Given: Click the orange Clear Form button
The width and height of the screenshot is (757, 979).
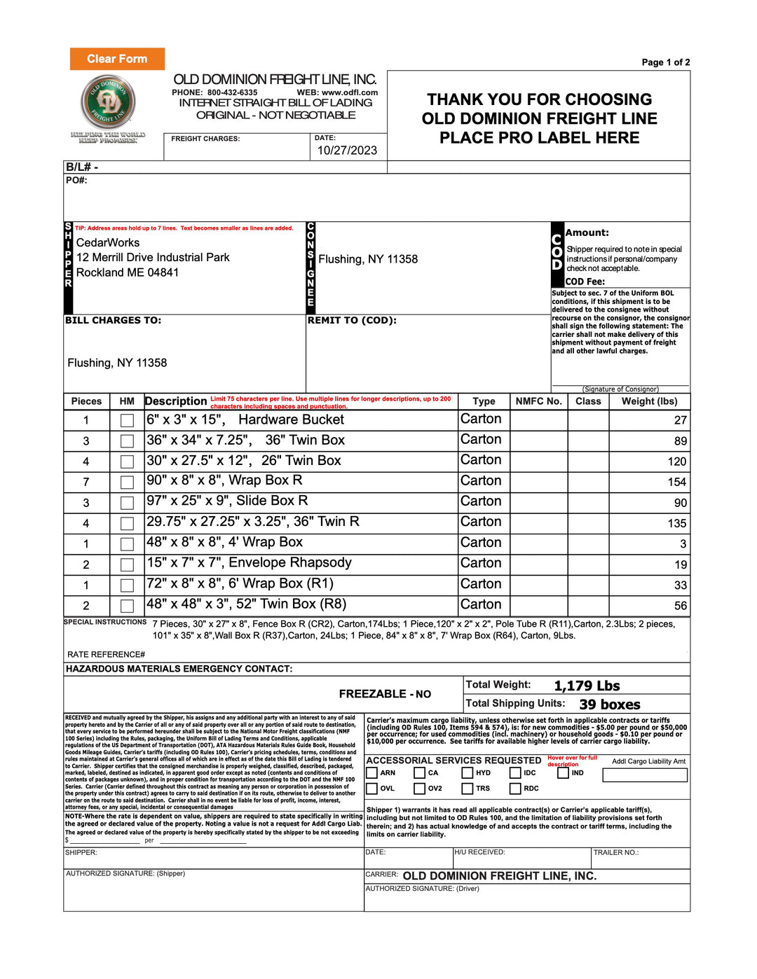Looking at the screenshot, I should pyautogui.click(x=117, y=59).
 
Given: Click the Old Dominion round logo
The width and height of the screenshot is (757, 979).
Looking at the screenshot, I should pyautogui.click(x=108, y=102).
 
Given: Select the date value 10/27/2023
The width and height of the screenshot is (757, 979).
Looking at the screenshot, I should pyautogui.click(x=347, y=150).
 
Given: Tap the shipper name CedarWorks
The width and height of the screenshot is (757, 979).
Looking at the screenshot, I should pyautogui.click(x=108, y=242).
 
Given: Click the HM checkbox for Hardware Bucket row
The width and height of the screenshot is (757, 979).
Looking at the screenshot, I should pyautogui.click(x=127, y=421).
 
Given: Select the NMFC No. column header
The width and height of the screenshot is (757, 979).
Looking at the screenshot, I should pyautogui.click(x=538, y=401).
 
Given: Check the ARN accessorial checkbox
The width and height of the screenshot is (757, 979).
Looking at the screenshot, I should pyautogui.click(x=372, y=773).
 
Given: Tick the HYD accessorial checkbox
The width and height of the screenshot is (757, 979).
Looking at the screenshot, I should pyautogui.click(x=468, y=773).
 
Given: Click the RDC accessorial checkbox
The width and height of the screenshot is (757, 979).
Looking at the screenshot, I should pyautogui.click(x=515, y=789).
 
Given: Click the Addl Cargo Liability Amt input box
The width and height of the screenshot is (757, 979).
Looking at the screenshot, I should pyautogui.click(x=645, y=775).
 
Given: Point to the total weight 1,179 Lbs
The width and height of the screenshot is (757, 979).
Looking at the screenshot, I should pyautogui.click(x=587, y=686).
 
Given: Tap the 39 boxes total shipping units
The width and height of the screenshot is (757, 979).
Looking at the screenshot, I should pyautogui.click(x=610, y=704).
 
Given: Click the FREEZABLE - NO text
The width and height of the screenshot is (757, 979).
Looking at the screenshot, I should pyautogui.click(x=385, y=694).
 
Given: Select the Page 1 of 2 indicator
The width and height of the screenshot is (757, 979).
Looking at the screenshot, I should pyautogui.click(x=665, y=62).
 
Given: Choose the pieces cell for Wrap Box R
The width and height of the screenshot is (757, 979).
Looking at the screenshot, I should pyautogui.click(x=86, y=482).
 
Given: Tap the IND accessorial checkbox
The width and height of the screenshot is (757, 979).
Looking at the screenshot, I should pyautogui.click(x=564, y=773).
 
